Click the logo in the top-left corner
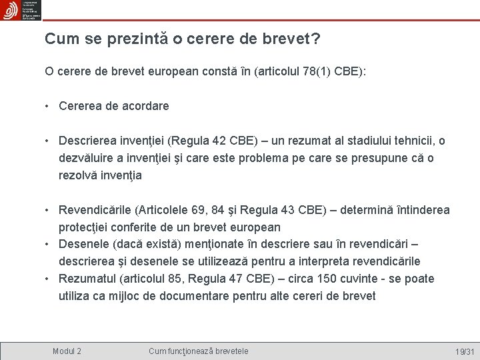click(x=21, y=11)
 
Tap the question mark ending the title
click(x=315, y=39)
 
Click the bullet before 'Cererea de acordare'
click(x=49, y=105)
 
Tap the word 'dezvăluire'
click(x=89, y=158)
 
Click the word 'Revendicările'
click(x=95, y=210)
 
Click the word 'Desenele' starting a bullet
click(x=81, y=244)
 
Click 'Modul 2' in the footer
click(x=67, y=351)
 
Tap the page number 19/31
click(x=464, y=351)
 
